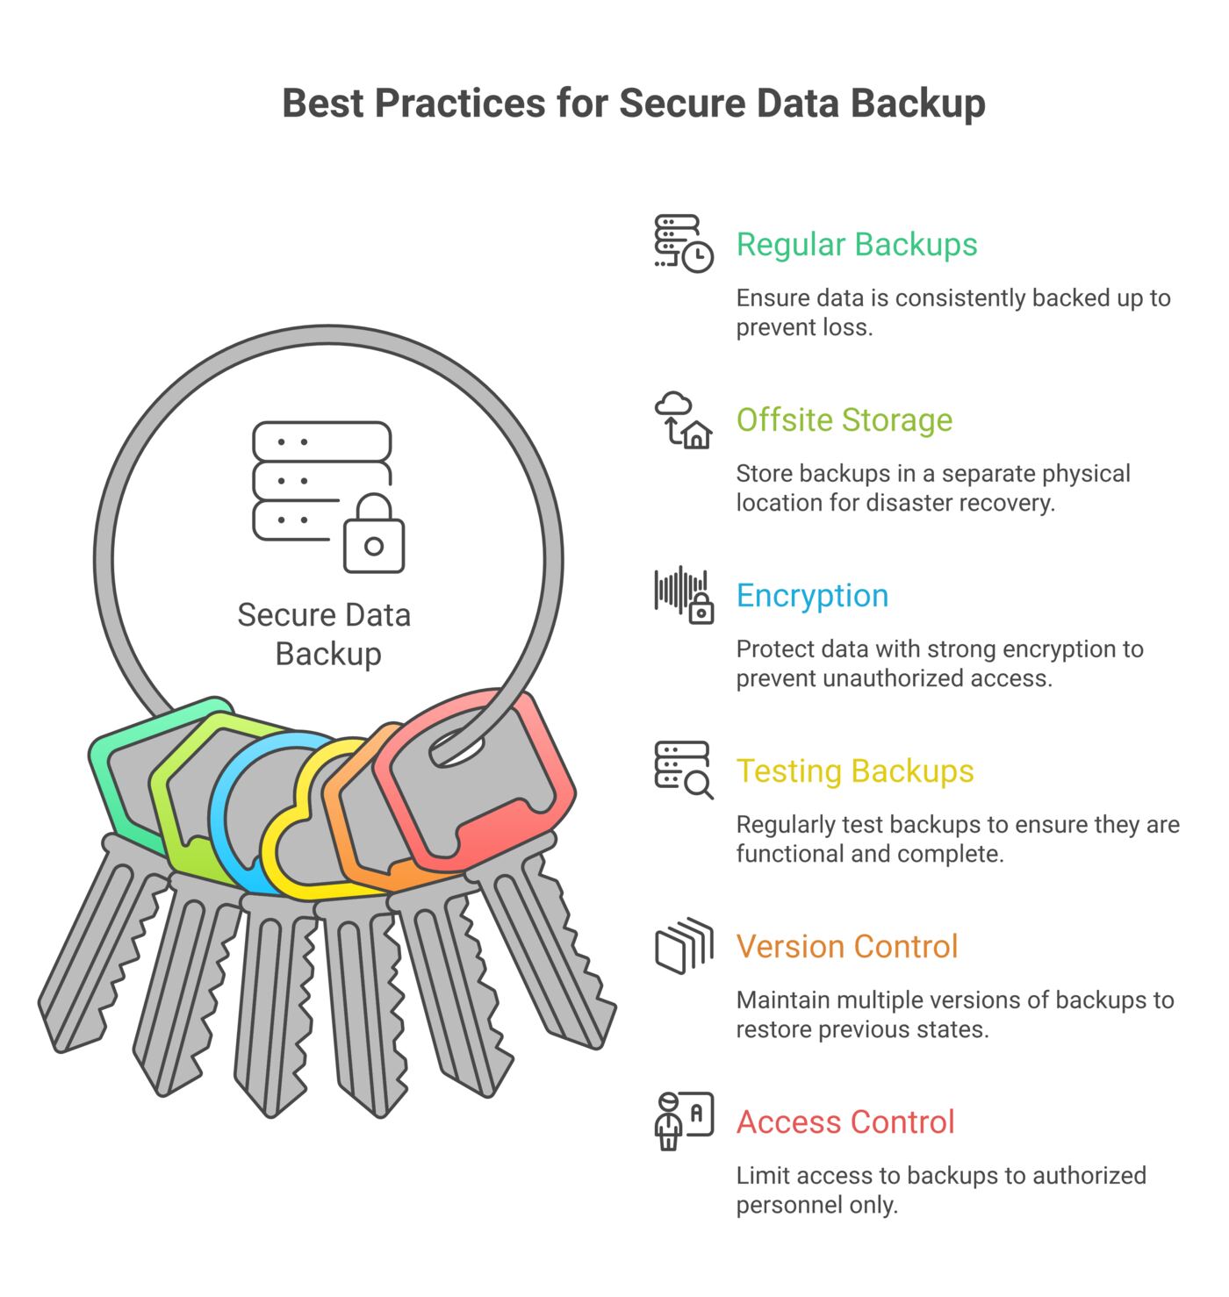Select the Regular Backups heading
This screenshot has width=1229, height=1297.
(x=856, y=245)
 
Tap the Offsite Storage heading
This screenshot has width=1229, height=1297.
(x=844, y=419)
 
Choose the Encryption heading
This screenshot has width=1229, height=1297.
(x=813, y=596)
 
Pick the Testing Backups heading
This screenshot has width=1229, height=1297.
(x=855, y=771)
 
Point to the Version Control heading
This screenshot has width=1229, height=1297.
(x=847, y=946)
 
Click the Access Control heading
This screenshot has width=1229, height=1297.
(x=845, y=1121)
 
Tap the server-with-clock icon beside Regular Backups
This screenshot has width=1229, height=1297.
(x=683, y=243)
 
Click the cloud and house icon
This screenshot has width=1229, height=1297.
(x=682, y=420)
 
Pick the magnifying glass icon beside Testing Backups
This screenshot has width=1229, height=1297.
(x=698, y=784)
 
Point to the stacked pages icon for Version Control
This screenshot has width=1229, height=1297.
(x=684, y=945)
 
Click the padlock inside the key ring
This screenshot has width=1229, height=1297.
(x=374, y=533)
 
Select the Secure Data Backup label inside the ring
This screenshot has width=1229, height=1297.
(x=324, y=634)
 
